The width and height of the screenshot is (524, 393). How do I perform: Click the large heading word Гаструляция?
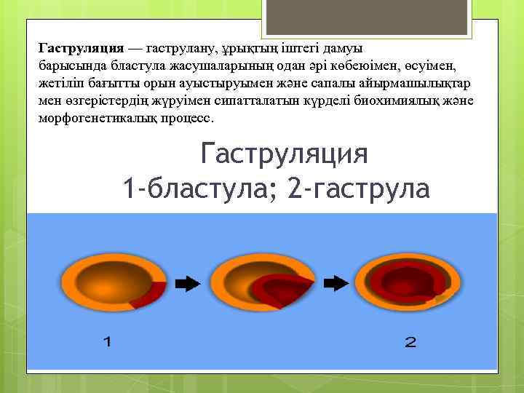point(283,154)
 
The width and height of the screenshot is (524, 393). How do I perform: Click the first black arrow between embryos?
point(188,284)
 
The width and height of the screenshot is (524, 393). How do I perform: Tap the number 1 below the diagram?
point(108,341)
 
